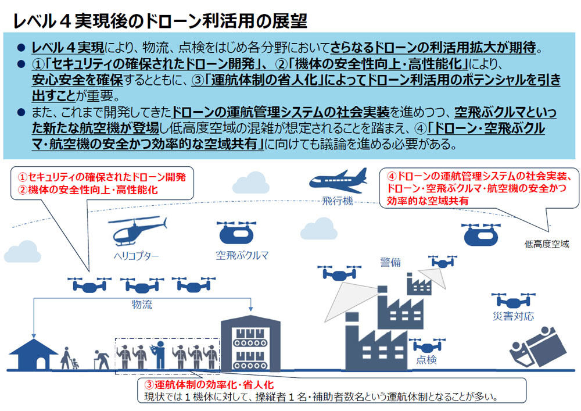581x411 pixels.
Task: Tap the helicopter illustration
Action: click(x=137, y=231)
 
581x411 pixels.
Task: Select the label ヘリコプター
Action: click(x=136, y=256)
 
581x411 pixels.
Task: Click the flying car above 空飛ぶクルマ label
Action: click(x=236, y=233)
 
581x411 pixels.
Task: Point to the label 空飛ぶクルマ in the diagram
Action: click(x=242, y=255)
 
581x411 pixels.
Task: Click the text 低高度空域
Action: click(x=547, y=244)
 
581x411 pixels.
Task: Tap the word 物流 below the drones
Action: click(x=142, y=305)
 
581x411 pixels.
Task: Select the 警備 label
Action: click(x=390, y=262)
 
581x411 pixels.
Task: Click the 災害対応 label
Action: click(x=513, y=316)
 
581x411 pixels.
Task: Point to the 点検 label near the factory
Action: click(x=426, y=359)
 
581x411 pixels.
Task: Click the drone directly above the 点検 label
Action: click(x=427, y=345)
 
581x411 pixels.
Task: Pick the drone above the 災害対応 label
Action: click(x=513, y=301)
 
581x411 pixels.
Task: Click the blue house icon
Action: click(x=34, y=354)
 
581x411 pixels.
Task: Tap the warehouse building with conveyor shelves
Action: click(x=250, y=343)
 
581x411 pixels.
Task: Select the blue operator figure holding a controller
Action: click(x=159, y=355)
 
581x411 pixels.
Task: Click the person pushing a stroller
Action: click(x=69, y=358)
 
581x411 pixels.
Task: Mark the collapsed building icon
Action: click(x=537, y=346)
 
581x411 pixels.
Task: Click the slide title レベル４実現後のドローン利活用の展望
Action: click(x=160, y=21)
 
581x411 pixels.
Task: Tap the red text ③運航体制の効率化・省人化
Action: click(x=209, y=385)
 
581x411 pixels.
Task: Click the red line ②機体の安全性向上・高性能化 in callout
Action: click(x=88, y=190)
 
